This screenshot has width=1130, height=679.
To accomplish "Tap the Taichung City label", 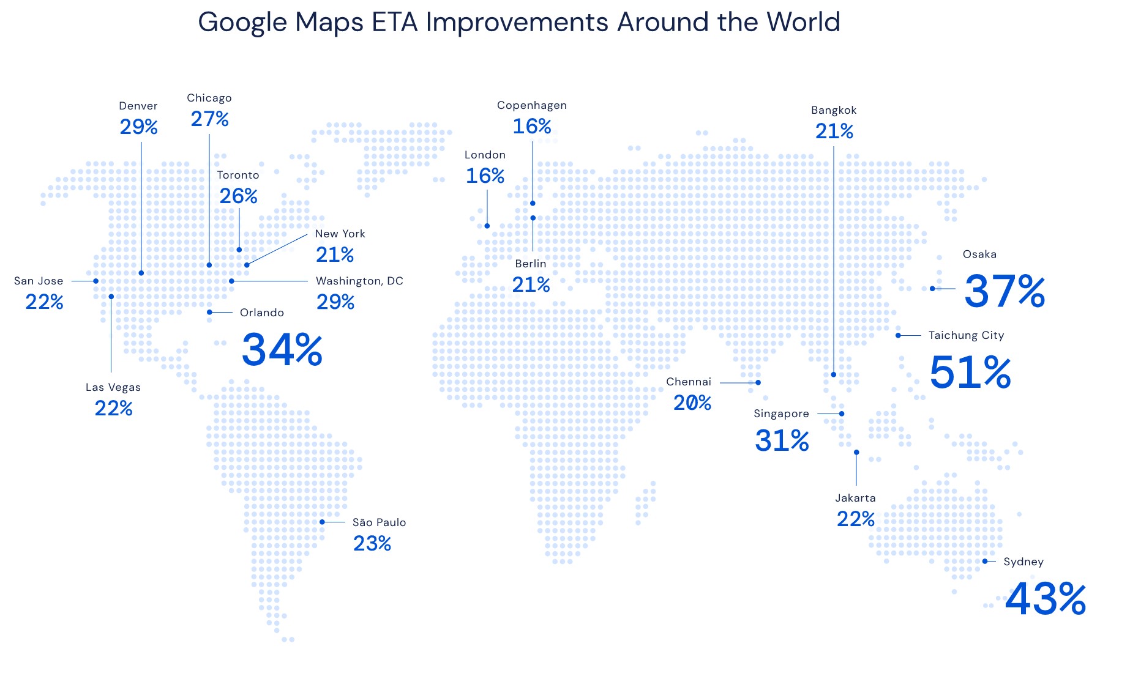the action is point(966,336).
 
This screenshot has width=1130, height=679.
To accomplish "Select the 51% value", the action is point(970,372).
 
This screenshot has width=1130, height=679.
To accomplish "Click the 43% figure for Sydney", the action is point(1046,598).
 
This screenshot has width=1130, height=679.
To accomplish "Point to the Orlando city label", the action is point(262,313).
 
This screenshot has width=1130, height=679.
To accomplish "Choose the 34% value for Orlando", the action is point(282,349).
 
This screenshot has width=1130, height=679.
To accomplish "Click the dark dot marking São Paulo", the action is point(322,522).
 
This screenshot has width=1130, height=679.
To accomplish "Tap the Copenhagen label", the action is point(532,106).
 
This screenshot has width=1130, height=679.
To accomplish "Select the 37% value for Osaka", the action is point(1005,291).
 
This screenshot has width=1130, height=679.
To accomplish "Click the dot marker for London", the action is point(487,226).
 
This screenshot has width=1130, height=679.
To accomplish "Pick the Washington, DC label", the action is point(359,281).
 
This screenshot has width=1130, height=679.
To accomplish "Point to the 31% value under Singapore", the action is point(782,440).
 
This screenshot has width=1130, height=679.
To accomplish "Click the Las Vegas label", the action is point(113,388).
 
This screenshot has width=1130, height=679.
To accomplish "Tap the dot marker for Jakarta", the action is point(856,452).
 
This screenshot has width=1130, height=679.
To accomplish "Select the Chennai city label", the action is point(689,382).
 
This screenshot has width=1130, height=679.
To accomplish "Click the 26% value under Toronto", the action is point(238,196).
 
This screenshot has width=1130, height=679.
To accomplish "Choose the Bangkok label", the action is point(834,111).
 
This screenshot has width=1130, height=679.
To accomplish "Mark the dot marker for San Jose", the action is point(95,281).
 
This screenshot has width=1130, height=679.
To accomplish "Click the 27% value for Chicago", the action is point(209,119).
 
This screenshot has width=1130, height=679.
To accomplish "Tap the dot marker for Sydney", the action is point(985,561).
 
